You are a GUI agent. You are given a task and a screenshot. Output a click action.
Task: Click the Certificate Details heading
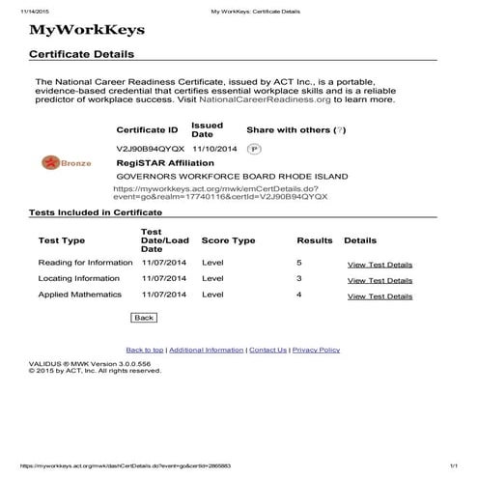82,55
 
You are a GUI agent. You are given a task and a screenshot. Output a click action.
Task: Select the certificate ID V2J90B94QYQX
150,150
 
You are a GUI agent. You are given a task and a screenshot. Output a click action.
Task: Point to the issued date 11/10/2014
213,150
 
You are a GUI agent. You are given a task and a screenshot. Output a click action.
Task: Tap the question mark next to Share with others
314,129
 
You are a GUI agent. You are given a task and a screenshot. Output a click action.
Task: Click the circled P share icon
254,150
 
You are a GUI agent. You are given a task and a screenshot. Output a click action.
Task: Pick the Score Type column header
228,240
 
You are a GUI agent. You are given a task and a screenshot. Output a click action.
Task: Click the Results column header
314,240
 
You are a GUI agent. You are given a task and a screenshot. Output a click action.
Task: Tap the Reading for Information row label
85,263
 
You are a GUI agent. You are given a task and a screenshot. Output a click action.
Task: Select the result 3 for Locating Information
299,278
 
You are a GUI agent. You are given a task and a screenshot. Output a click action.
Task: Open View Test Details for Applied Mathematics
380,295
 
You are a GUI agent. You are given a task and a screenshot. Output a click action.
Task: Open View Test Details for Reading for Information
380,264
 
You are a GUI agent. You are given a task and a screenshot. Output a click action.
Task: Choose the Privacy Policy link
316,350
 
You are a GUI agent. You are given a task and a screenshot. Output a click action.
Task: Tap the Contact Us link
267,350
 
